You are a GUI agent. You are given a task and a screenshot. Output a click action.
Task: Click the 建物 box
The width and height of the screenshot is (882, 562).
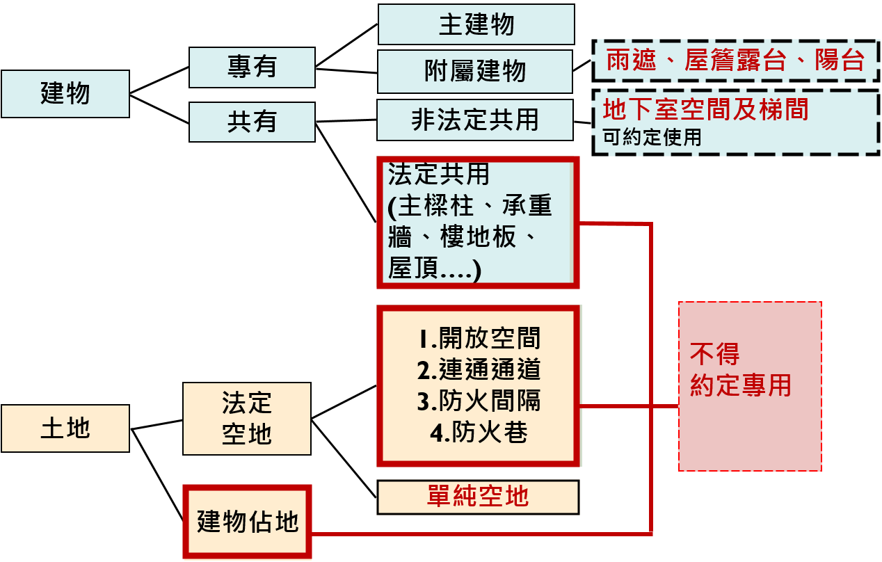[x=65, y=93]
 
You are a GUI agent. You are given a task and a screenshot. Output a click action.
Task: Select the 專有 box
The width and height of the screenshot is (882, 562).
[x=252, y=67]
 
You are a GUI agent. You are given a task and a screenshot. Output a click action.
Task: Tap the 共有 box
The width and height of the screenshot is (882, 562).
[x=252, y=122]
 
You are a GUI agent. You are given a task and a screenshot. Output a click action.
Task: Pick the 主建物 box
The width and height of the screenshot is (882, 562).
[x=476, y=24]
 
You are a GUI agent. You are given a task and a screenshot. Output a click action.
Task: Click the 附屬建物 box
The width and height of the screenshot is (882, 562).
[x=475, y=71]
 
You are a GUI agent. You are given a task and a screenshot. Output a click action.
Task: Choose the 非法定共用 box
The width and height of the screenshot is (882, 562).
[x=475, y=120]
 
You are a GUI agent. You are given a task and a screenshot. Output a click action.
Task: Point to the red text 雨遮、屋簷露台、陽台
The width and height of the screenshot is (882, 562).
[x=735, y=61]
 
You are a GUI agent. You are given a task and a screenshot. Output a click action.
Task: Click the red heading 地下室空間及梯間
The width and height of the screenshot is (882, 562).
[x=705, y=110]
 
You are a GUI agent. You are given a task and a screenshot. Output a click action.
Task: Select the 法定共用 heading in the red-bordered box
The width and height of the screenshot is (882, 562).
[x=438, y=175]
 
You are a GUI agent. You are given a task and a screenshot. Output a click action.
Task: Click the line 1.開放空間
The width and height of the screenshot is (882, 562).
[x=479, y=339]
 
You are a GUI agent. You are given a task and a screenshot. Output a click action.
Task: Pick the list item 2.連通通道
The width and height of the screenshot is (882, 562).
[x=479, y=370]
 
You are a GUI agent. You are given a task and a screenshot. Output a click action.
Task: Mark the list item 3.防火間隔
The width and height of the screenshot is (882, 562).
[x=479, y=401]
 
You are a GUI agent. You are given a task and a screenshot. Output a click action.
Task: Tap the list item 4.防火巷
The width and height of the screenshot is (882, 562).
[x=479, y=433]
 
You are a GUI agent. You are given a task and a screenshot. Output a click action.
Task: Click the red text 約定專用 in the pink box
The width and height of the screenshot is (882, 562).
[x=740, y=385]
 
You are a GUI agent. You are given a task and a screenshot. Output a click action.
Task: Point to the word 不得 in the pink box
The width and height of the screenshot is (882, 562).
[x=714, y=354]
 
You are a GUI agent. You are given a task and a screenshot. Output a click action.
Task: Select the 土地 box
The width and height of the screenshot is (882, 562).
[x=65, y=428]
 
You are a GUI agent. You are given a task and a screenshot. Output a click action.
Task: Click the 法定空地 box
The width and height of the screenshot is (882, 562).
[x=247, y=418]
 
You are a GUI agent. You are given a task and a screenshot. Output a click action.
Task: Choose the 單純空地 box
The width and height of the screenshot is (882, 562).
[x=478, y=497]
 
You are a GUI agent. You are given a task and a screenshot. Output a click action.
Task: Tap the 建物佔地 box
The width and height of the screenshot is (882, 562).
[x=248, y=522]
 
